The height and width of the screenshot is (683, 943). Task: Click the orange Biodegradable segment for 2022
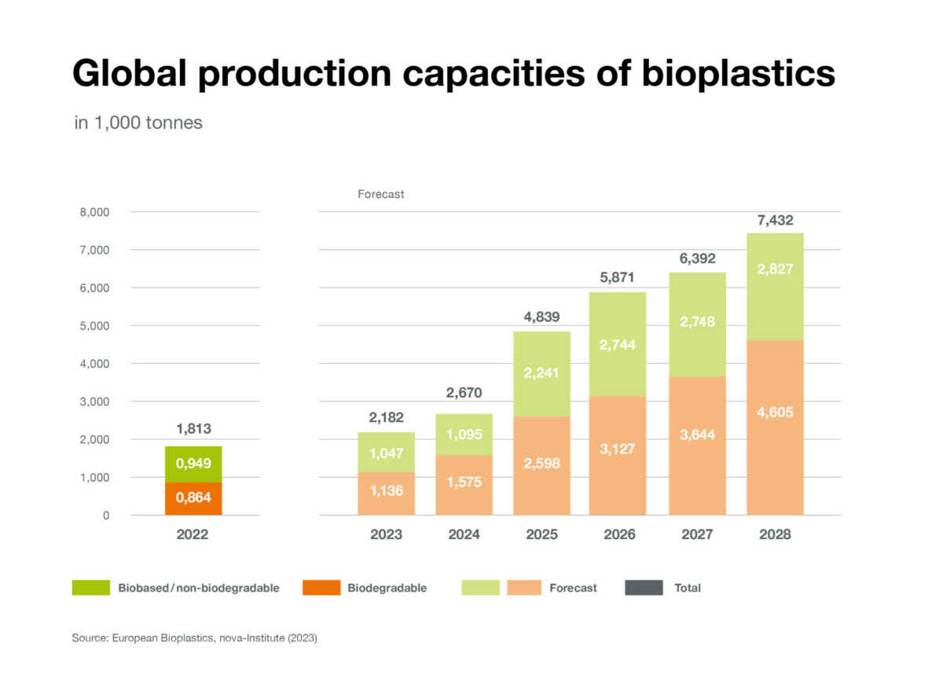(x=193, y=498)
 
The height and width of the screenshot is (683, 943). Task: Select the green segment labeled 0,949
(x=193, y=464)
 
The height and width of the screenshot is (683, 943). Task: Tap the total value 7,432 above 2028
(x=775, y=221)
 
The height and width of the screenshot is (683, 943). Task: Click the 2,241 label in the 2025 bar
(x=541, y=373)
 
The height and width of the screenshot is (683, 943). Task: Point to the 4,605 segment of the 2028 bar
(x=775, y=413)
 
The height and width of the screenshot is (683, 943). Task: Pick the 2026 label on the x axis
(x=619, y=535)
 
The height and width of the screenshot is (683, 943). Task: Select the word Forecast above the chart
(x=380, y=193)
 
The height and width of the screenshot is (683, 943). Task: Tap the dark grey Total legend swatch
(x=644, y=588)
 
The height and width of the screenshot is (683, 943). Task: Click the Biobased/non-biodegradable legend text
(x=199, y=588)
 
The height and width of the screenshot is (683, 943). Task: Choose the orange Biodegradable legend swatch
(x=321, y=588)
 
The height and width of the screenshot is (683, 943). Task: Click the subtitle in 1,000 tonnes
(x=138, y=123)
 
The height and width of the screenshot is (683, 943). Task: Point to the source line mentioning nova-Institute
(x=194, y=639)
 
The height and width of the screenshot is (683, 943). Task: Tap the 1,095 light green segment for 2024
(x=464, y=435)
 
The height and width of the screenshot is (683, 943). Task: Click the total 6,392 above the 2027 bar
(x=697, y=259)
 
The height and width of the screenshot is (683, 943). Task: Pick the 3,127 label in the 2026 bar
(x=619, y=450)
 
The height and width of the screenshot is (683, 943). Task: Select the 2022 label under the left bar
(x=193, y=535)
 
